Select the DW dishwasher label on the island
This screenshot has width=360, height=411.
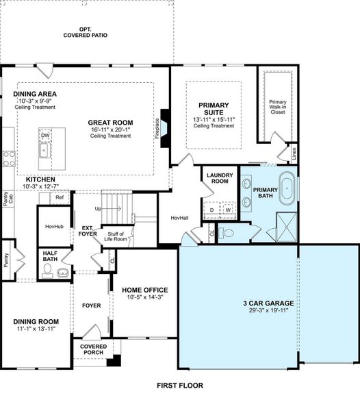pyautogui.click(x=45, y=136)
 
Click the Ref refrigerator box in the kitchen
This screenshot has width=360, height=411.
pyautogui.click(x=60, y=198)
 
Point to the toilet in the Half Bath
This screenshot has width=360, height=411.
pyautogui.click(x=47, y=271)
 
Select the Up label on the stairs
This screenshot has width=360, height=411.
pyautogui.click(x=98, y=208)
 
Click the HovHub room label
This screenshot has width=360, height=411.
pyautogui.click(x=54, y=225)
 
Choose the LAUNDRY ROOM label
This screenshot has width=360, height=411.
pyautogui.click(x=218, y=178)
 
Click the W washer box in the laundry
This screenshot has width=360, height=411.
pyautogui.click(x=229, y=210)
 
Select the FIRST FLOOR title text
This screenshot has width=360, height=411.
pyautogui.click(x=179, y=385)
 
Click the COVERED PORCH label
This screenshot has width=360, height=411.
pyautogui.click(x=93, y=350)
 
